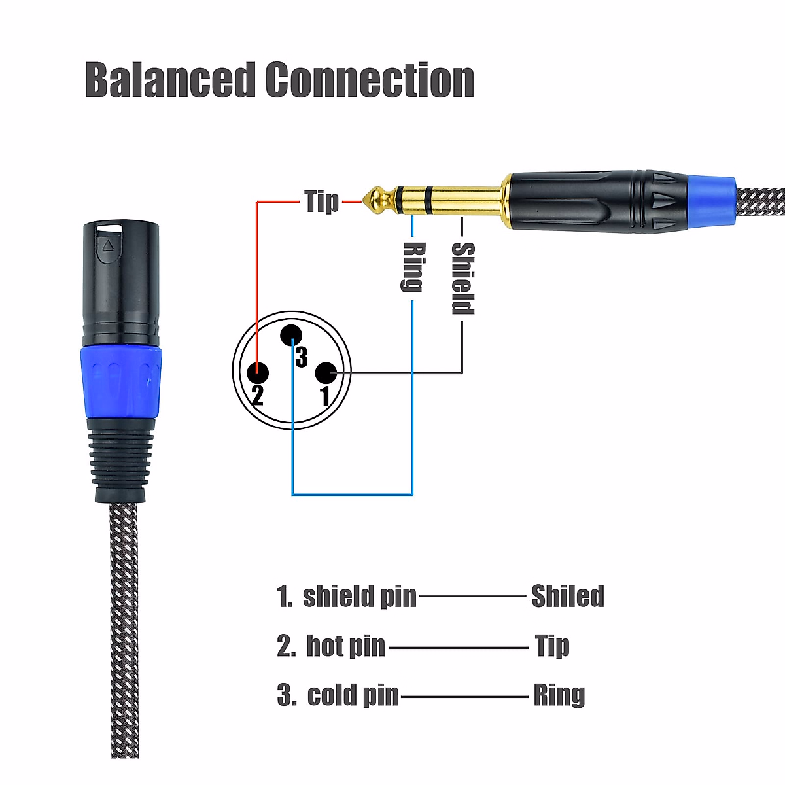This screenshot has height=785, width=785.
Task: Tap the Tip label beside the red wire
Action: (322, 201)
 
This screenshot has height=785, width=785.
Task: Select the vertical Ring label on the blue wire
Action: (413, 266)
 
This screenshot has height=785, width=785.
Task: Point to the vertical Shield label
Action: (462, 278)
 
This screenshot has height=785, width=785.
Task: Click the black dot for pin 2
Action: (258, 373)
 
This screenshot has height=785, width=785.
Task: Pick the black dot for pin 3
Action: (291, 336)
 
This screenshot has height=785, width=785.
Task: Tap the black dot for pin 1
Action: (325, 374)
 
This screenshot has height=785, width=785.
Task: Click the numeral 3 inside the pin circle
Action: (302, 357)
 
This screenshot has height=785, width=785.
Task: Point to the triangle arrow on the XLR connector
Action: (109, 247)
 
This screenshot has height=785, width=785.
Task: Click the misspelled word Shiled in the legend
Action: (567, 596)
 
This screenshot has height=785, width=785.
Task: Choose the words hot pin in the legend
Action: (345, 646)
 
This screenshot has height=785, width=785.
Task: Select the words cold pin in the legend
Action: (353, 695)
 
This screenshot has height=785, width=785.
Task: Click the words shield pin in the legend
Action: (359, 596)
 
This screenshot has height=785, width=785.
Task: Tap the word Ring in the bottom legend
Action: (559, 695)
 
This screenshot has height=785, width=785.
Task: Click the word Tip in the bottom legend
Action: (552, 646)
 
